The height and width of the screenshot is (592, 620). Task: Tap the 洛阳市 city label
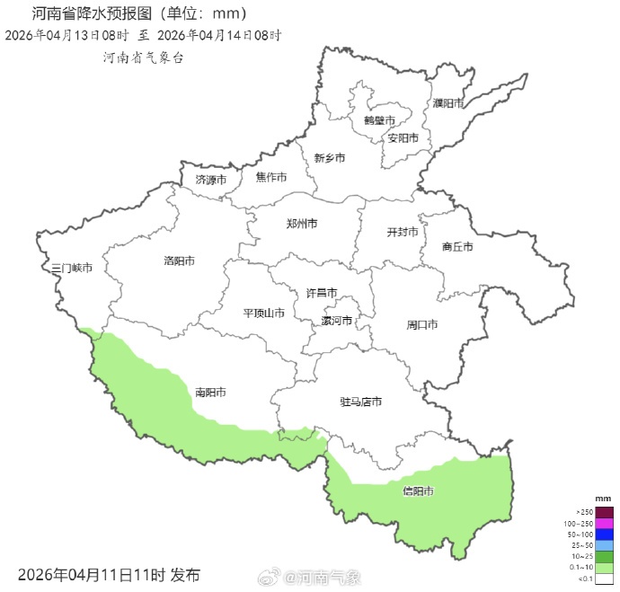pyautogui.click(x=179, y=261)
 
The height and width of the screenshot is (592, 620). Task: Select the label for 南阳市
pyautogui.click(x=210, y=393)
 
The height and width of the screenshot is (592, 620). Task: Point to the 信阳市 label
pyautogui.click(x=418, y=491)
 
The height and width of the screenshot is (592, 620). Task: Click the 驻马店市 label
pyautogui.click(x=361, y=402)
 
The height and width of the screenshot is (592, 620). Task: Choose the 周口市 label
pyautogui.click(x=422, y=324)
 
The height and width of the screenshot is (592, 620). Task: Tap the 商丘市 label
pyautogui.click(x=457, y=246)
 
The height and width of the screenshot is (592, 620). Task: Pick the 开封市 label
pyautogui.click(x=403, y=232)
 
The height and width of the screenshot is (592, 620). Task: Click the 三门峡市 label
pyautogui.click(x=72, y=269)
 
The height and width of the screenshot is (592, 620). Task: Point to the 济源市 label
pyautogui.click(x=211, y=180)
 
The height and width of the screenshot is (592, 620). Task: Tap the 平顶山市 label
pyautogui.click(x=264, y=314)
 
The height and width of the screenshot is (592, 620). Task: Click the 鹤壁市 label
pyautogui.click(x=380, y=119)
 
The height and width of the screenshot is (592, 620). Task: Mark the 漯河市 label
pyautogui.click(x=337, y=321)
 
